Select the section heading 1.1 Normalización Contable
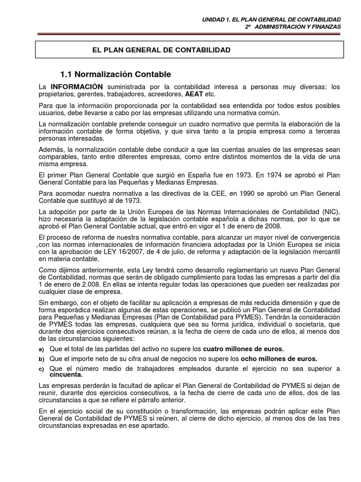click(116, 74)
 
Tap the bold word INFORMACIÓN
click(76, 87)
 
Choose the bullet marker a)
click(41, 349)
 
